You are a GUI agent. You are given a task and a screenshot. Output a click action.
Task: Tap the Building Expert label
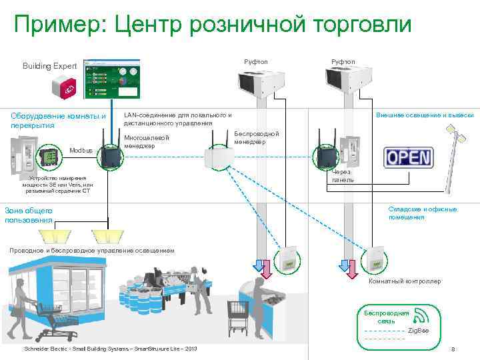pyautogui.click(x=50, y=67)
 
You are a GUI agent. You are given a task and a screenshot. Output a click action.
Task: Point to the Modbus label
pyautogui.click(x=81, y=151)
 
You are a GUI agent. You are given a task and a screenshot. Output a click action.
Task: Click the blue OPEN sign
pyautogui.click(x=409, y=157)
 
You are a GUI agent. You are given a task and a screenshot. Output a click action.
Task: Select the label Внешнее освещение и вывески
pyautogui.click(x=425, y=115)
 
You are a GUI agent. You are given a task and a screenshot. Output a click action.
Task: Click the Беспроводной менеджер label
pyautogui.click(x=257, y=138)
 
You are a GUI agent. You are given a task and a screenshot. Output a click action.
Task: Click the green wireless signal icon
pyautogui.click(x=420, y=316)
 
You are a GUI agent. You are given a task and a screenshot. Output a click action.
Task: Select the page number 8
pyautogui.click(x=453, y=350)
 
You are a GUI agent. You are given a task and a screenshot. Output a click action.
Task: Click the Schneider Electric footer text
pyautogui.click(x=110, y=349)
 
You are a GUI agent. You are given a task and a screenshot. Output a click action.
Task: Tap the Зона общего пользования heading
pyautogui.click(x=28, y=215)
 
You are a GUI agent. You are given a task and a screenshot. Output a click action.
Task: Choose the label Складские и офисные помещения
pyautogui.click(x=423, y=213)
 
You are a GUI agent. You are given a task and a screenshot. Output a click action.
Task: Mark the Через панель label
pyautogui.click(x=343, y=176)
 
